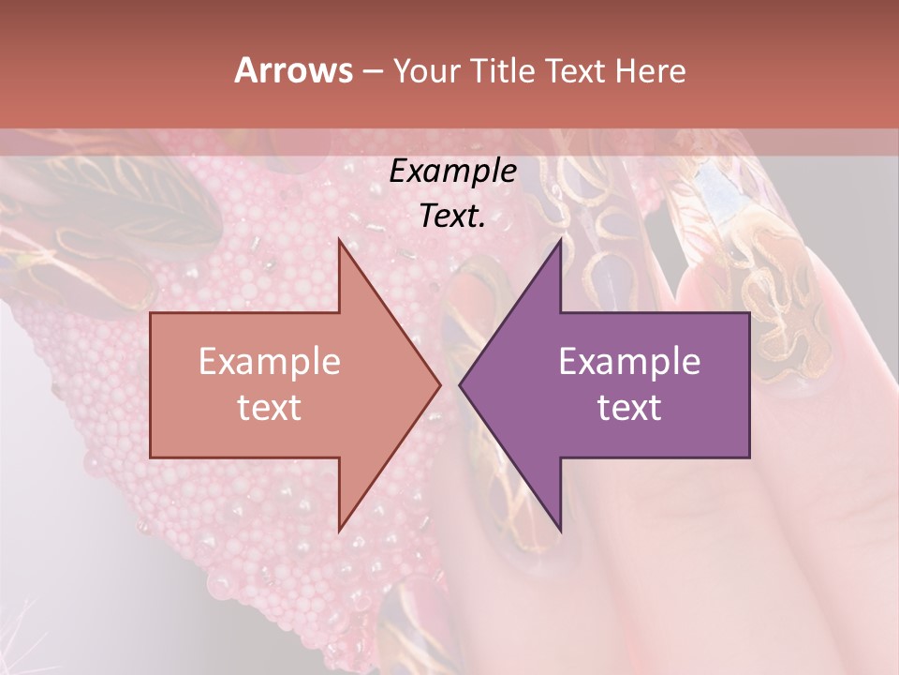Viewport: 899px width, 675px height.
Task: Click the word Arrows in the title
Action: pyautogui.click(x=293, y=70)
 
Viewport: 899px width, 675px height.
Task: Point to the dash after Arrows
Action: pyautogui.click(x=372, y=71)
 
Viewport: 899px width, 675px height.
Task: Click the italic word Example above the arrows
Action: pyautogui.click(x=452, y=172)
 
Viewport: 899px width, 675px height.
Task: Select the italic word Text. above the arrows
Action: pyautogui.click(x=452, y=217)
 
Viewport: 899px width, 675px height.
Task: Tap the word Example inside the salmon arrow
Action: pyautogui.click(x=269, y=362)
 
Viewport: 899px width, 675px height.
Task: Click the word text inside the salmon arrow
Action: pyautogui.click(x=269, y=408)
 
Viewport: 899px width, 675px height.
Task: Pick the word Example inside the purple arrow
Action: pyautogui.click(x=629, y=362)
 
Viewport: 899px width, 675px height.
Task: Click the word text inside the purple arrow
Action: pyautogui.click(x=629, y=408)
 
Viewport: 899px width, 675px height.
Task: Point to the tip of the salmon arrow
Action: pyautogui.click(x=440, y=384)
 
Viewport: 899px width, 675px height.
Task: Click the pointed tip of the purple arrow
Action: pyautogui.click(x=460, y=384)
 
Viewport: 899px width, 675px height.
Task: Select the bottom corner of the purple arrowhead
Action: pyautogui.click(x=560, y=532)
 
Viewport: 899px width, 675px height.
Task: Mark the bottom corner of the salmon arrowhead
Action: pyautogui.click(x=339, y=532)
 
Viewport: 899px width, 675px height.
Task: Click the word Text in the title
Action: pyautogui.click(x=574, y=70)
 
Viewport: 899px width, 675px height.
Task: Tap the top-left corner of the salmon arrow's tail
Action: pyautogui.click(x=151, y=313)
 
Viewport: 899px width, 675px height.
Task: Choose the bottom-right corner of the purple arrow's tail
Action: pyautogui.click(x=749, y=457)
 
